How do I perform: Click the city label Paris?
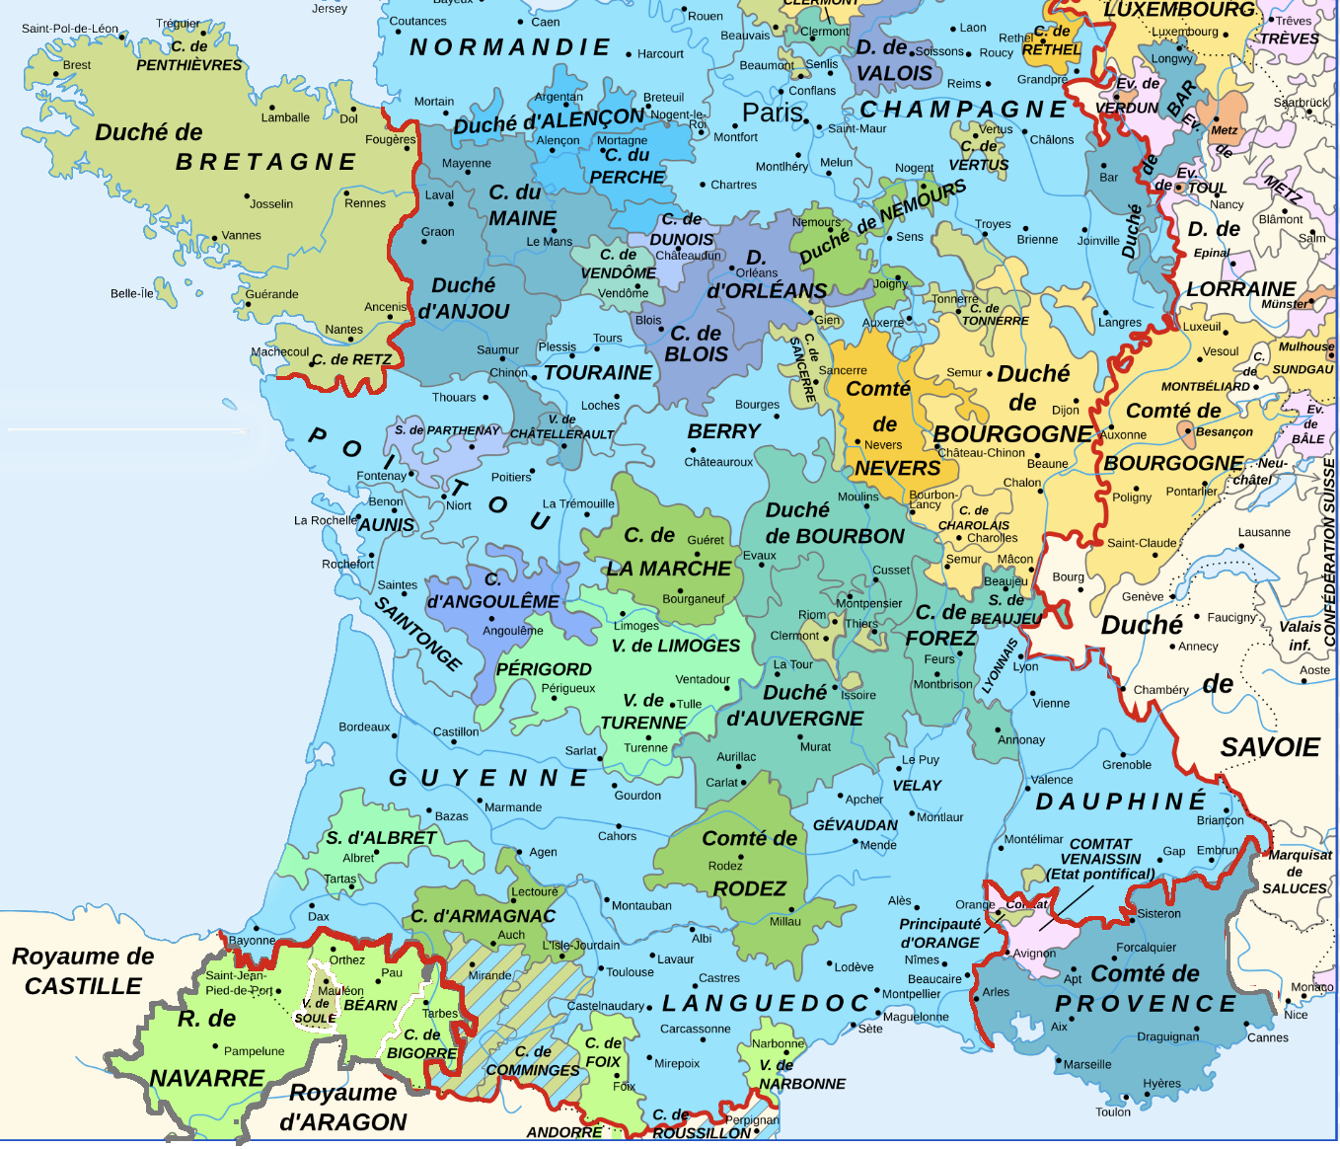click(772, 113)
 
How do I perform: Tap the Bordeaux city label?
click(364, 728)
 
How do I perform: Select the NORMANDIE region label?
click(510, 47)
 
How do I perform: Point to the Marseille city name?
click(1087, 1064)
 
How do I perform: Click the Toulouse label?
click(630, 972)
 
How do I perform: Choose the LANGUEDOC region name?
click(765, 1004)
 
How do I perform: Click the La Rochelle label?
click(325, 520)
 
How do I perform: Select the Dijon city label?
click(1065, 410)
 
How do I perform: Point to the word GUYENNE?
click(488, 778)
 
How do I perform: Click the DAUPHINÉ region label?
click(1121, 802)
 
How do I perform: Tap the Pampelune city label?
click(254, 1051)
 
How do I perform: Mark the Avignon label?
click(1034, 954)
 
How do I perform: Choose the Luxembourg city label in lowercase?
click(1184, 32)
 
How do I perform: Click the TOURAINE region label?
click(598, 373)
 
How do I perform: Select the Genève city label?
click(1142, 596)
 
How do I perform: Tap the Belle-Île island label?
click(131, 293)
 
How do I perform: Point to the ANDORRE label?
click(563, 1132)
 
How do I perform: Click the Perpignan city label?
click(752, 1120)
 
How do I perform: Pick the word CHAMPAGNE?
click(963, 110)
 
